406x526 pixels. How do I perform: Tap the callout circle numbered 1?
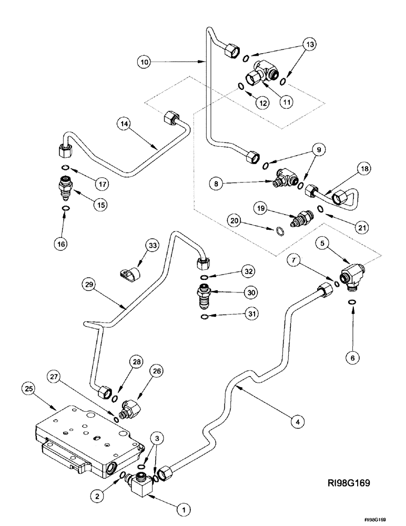pos(184,509)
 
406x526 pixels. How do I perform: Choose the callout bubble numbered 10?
pos(146,62)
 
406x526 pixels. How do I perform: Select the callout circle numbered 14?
pos(124,124)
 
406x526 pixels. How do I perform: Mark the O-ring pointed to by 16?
pos(65,209)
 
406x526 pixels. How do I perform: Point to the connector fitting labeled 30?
pos(204,291)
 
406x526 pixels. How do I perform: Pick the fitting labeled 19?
pos(303,217)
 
